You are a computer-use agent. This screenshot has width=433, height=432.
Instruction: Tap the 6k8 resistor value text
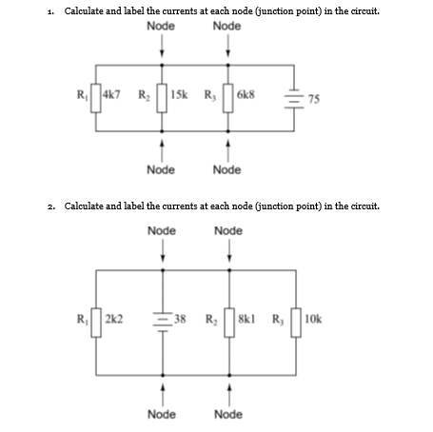pyautogui.click(x=247, y=96)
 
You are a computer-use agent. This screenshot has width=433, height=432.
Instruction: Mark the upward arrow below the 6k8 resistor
pyautogui.click(x=229, y=148)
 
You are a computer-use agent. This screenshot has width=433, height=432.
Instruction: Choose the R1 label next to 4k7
pyautogui.click(x=83, y=96)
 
